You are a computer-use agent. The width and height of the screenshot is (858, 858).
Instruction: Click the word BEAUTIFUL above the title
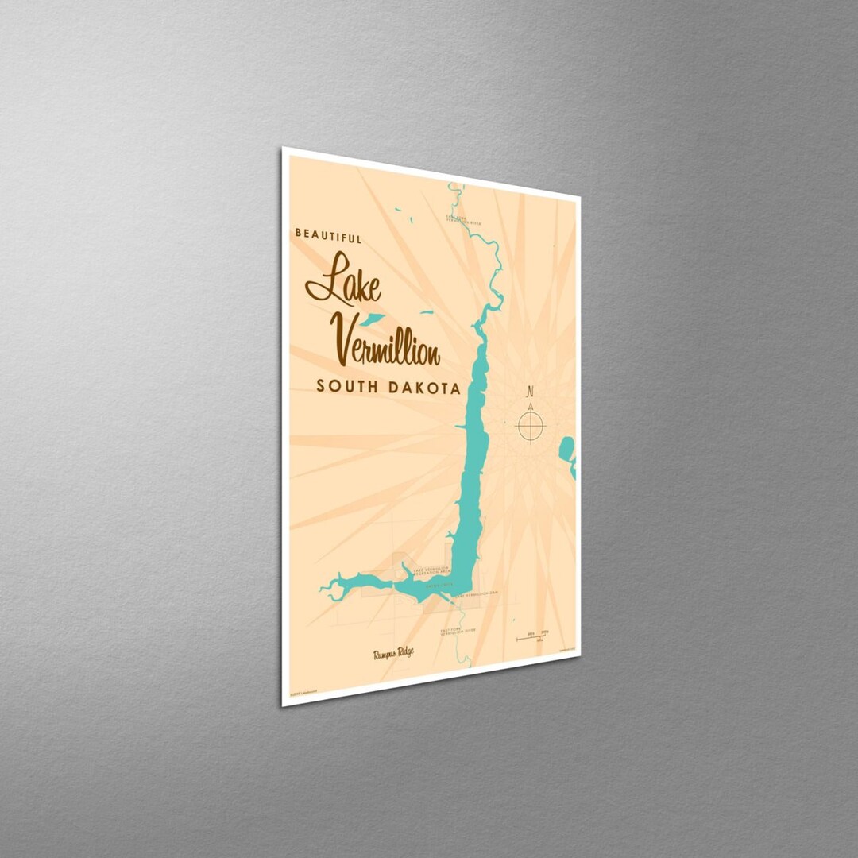(x=328, y=236)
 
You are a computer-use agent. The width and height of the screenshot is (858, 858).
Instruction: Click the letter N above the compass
(x=530, y=391)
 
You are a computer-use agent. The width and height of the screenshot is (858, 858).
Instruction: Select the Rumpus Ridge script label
(x=392, y=653)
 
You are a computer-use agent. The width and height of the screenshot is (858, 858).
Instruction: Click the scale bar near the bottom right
(x=532, y=636)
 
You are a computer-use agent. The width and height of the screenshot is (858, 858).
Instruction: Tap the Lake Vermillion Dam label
(x=477, y=593)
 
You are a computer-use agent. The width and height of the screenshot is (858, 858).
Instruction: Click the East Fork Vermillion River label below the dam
(x=458, y=631)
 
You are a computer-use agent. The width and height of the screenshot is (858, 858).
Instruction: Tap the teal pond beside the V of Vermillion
(x=371, y=319)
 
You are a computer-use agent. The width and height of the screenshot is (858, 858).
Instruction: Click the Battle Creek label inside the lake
(x=439, y=586)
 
